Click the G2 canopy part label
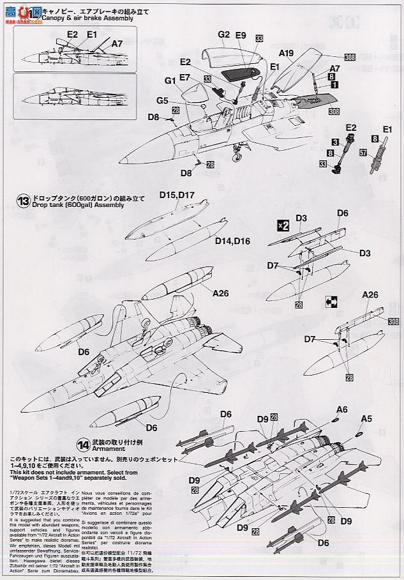[x=223, y=34]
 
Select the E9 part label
[x=241, y=35]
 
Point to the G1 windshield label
[x=170, y=81]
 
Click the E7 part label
[x=185, y=77]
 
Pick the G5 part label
[x=162, y=101]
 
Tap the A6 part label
[x=342, y=409]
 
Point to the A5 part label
[x=366, y=419]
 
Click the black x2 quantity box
[x=283, y=225]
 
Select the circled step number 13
[x=24, y=200]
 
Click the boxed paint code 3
[x=334, y=141]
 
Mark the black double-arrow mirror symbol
[x=330, y=300]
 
